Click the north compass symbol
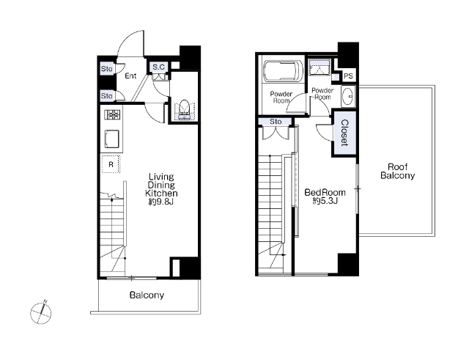click(x=41, y=312)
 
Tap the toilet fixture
click(x=184, y=110)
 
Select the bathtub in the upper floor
click(x=283, y=71)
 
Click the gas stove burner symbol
click(x=112, y=114)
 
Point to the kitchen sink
click(x=112, y=139)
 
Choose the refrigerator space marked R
click(x=111, y=164)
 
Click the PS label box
click(x=348, y=76)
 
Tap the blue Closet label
click(x=344, y=133)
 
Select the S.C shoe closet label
click(x=158, y=67)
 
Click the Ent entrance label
click(x=130, y=76)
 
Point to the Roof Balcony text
click(x=397, y=171)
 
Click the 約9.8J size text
click(x=161, y=202)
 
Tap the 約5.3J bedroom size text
click(x=325, y=201)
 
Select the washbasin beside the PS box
click(x=348, y=96)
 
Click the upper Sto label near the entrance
click(x=106, y=69)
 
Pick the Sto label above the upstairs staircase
click(x=276, y=122)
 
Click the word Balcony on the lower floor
click(x=147, y=295)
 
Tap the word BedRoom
click(x=325, y=192)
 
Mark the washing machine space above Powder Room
click(x=320, y=67)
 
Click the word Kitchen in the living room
click(x=161, y=194)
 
